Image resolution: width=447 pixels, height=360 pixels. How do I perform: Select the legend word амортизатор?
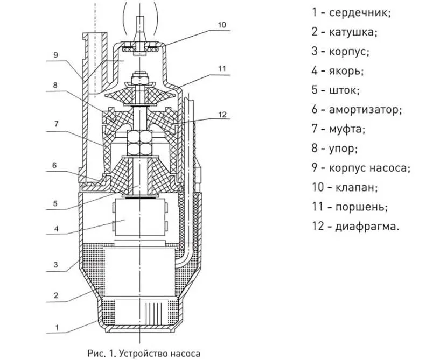pyautogui.click(x=365, y=110)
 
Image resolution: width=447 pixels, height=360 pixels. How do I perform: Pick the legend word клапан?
pyautogui.click(x=359, y=188)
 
